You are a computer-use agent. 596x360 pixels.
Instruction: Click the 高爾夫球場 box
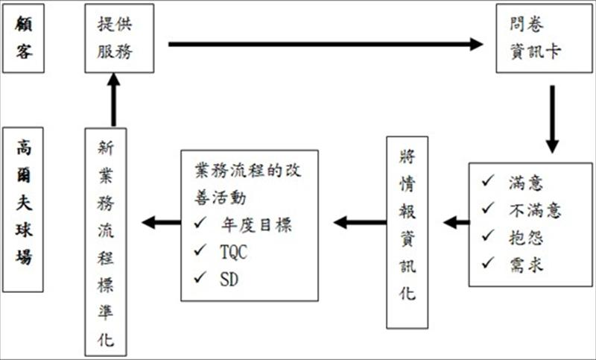(25, 209)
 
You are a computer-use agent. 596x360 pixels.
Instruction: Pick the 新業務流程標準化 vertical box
(106, 242)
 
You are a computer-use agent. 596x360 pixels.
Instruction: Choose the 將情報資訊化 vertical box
(408, 231)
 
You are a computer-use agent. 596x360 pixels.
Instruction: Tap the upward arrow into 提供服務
(113, 100)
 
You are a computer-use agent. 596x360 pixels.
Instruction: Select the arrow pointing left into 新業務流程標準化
(160, 221)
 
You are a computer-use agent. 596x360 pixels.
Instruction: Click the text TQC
(234, 252)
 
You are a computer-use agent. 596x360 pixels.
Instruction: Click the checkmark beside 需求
(488, 262)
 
